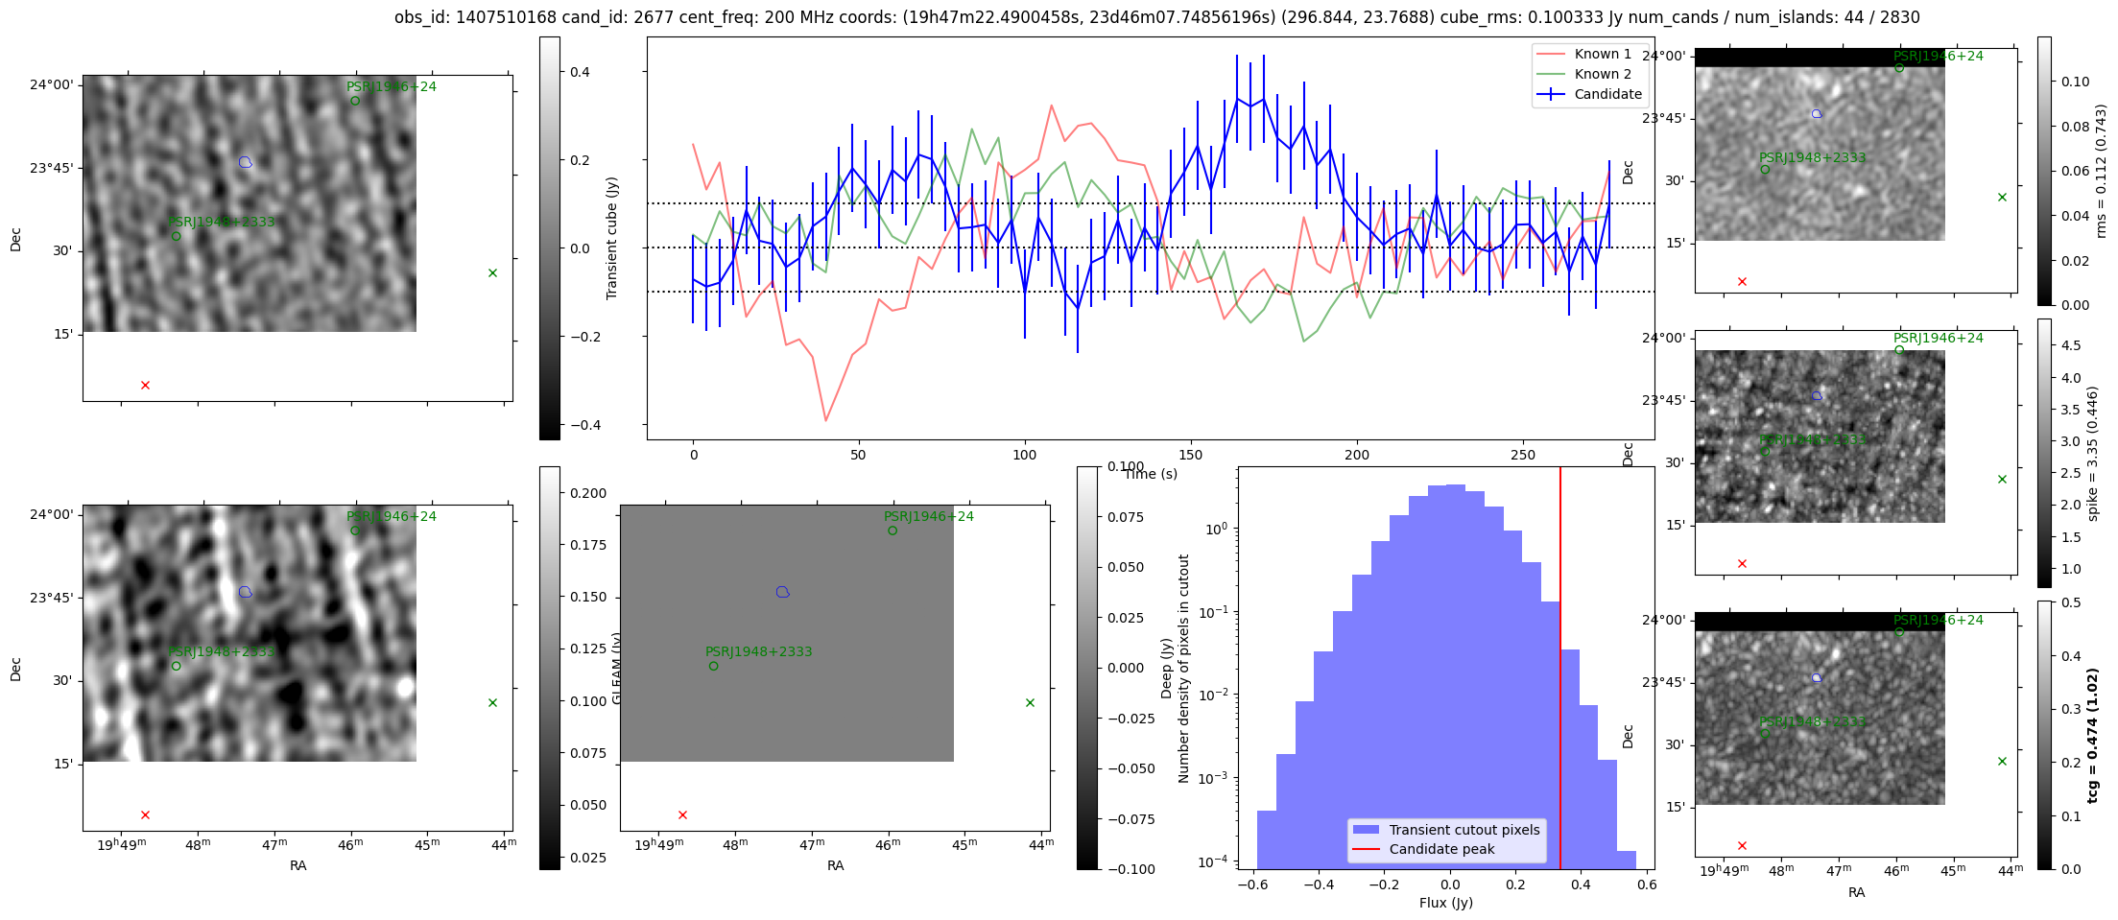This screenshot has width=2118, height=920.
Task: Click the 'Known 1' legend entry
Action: pyautogui.click(x=1602, y=54)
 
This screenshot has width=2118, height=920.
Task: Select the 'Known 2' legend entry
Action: pyautogui.click(x=1602, y=74)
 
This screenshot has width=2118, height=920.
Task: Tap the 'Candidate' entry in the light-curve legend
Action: pyautogui.click(x=1607, y=94)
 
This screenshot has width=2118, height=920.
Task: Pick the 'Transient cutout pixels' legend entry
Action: pyautogui.click(x=1464, y=830)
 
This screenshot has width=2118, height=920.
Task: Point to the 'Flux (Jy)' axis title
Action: pyautogui.click(x=1445, y=903)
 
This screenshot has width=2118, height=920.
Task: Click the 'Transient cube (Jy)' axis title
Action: pyautogui.click(x=612, y=238)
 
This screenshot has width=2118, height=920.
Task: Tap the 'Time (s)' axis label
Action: pyautogui.click(x=1151, y=474)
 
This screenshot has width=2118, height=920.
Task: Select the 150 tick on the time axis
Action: pyautogui.click(x=1190, y=455)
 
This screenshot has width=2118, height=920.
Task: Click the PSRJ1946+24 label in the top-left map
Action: pyautogui.click(x=391, y=86)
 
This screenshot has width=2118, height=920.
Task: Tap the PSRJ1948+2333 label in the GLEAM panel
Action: pyautogui.click(x=758, y=651)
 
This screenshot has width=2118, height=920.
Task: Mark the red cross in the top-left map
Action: pyautogui.click(x=145, y=386)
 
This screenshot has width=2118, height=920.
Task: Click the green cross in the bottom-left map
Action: pyautogui.click(x=492, y=703)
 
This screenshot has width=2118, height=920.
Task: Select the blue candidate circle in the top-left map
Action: pyautogui.click(x=245, y=162)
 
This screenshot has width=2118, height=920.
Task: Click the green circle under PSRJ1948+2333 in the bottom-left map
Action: pyautogui.click(x=176, y=666)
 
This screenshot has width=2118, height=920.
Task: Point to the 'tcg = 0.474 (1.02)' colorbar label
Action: pyautogui.click(x=2094, y=735)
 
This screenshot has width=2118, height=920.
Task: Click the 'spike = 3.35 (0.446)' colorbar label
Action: pyautogui.click(x=2094, y=453)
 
